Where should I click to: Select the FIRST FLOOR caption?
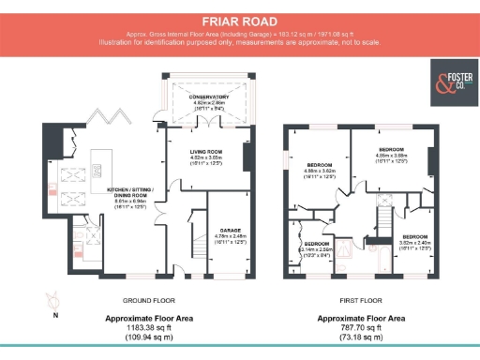click(x=360, y=301)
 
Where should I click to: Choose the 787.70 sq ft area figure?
click(x=360, y=326)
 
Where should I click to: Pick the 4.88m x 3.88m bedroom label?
click(x=392, y=155)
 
